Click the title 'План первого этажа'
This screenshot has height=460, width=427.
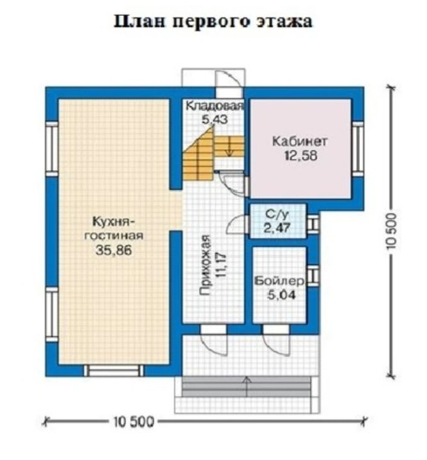(x=213, y=22)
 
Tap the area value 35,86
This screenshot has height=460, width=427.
(x=114, y=251)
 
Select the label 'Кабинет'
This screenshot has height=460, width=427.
(x=300, y=141)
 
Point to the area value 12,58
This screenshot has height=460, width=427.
(x=300, y=155)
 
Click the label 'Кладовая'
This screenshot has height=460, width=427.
(x=215, y=106)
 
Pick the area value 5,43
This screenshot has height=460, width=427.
(x=215, y=120)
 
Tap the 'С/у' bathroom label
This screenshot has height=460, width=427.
(x=277, y=214)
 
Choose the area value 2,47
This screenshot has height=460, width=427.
(x=277, y=228)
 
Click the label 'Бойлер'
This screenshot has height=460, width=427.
(x=279, y=281)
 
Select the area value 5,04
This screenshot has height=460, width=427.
(x=281, y=295)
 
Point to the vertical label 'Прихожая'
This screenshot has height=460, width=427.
(x=205, y=264)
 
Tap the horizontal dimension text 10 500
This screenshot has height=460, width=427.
(x=134, y=422)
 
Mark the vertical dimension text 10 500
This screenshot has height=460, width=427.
(x=391, y=231)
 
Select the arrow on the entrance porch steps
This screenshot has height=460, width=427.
(x=247, y=387)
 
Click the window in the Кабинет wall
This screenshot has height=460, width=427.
(x=358, y=149)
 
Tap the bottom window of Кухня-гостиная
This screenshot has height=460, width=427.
(x=114, y=370)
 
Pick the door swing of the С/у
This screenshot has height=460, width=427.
(x=238, y=224)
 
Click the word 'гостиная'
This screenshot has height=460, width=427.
(x=114, y=236)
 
